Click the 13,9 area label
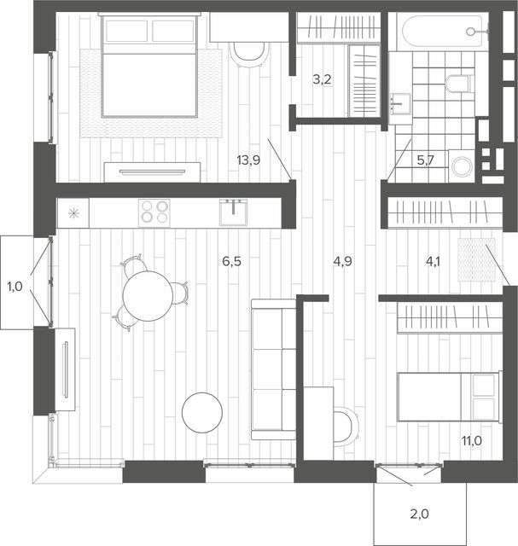pos(248,160)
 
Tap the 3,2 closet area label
pos(322,79)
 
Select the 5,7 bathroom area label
pos(425,160)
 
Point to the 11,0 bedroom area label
pos(472,441)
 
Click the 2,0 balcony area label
pos(419,514)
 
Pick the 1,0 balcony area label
pos(15,287)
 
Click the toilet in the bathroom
pos(459,84)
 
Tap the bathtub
pos(442,32)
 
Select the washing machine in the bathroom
pos(462,166)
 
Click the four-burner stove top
pos(154,212)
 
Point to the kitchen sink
pos(233,212)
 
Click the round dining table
pos(148,296)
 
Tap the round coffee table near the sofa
pos(202,412)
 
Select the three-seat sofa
pos(273,369)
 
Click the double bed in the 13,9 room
pos(149,66)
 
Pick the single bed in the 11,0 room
pos(450,396)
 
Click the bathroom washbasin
pos(400,103)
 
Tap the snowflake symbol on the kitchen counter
pos(73,213)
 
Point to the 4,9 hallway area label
pos(342,261)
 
